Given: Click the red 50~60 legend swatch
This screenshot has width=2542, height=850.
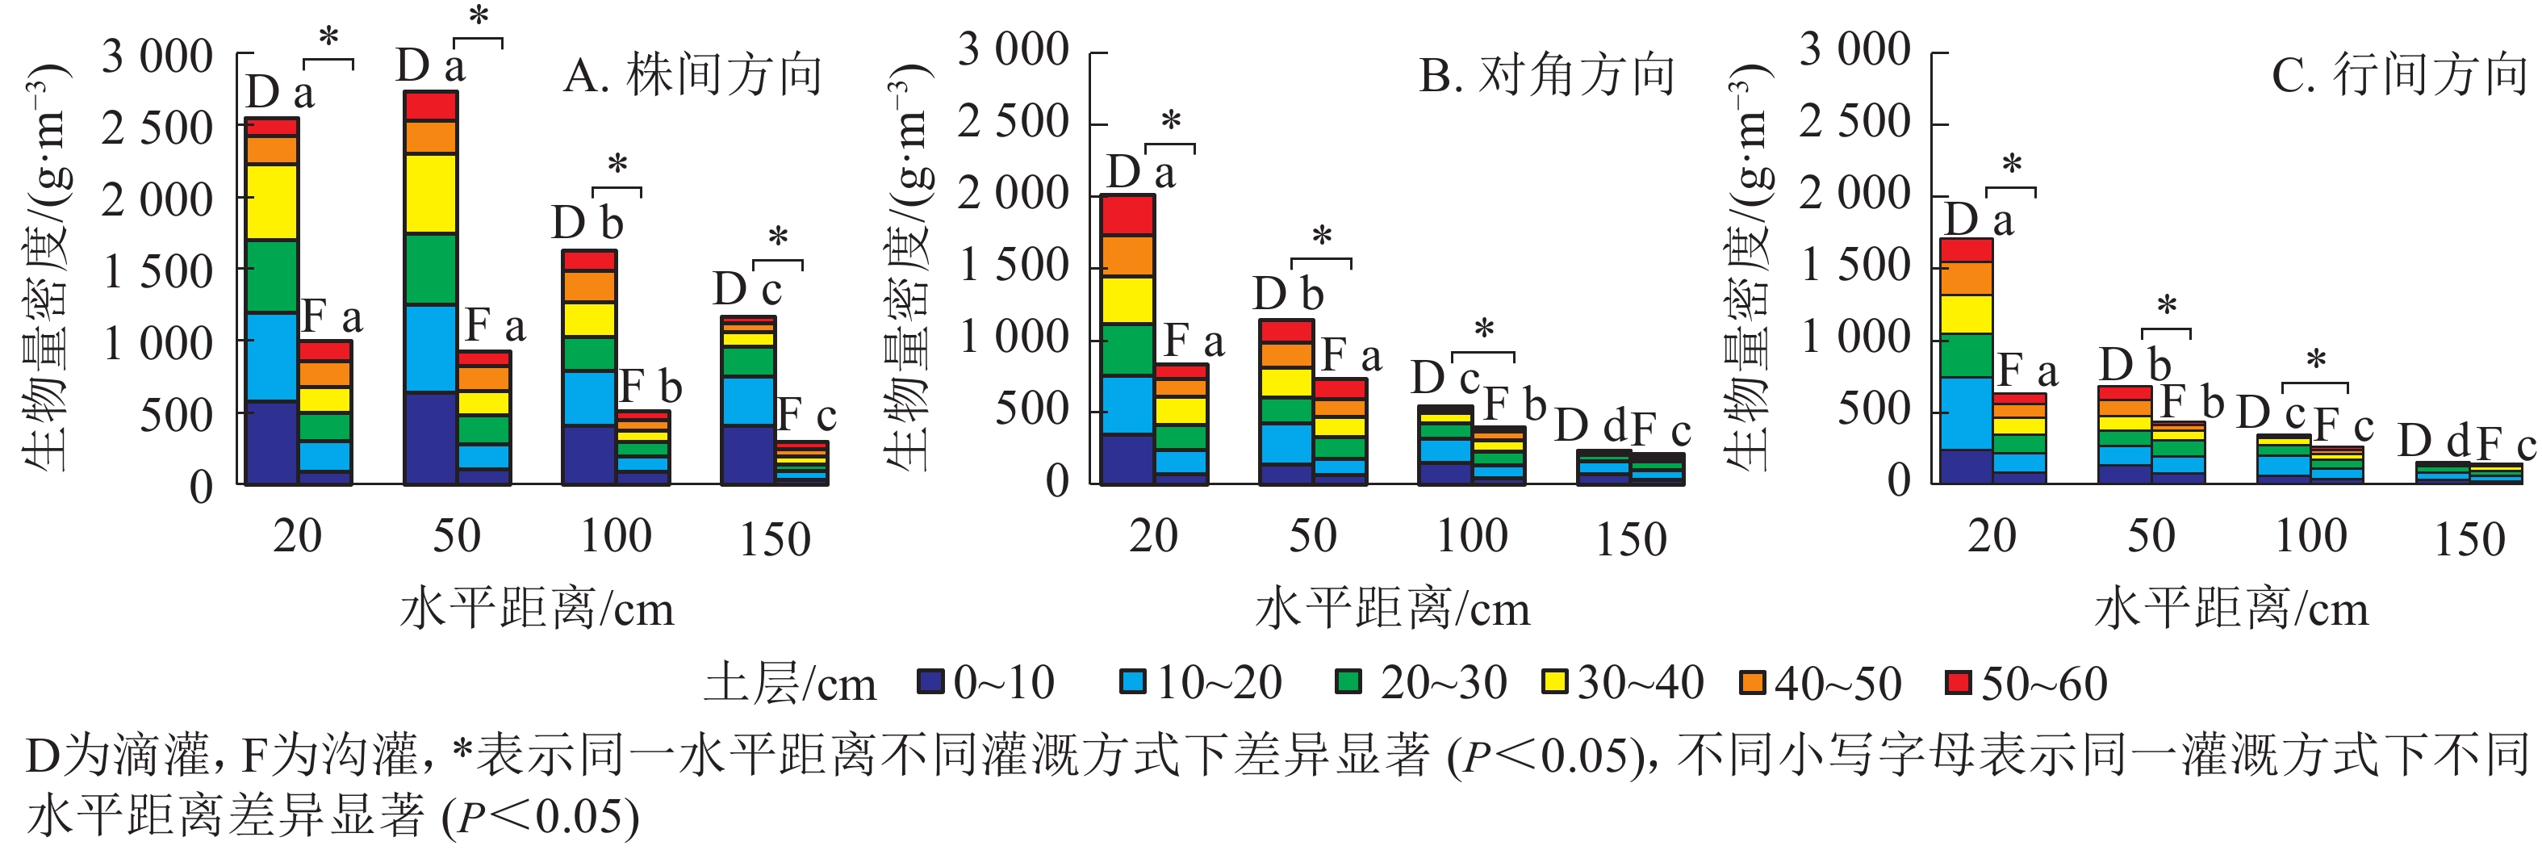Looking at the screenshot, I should pyautogui.click(x=1957, y=682).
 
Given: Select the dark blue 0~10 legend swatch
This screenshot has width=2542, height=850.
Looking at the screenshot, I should pyautogui.click(x=930, y=682).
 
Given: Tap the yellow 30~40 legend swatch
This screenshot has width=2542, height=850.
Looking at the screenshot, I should pyautogui.click(x=1554, y=682).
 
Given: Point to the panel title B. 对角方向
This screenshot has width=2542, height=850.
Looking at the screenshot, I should pyautogui.click(x=1547, y=76).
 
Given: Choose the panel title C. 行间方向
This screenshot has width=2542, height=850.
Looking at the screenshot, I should pyautogui.click(x=2399, y=76).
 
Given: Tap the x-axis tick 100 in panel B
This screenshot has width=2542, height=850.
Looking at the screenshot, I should pyautogui.click(x=1471, y=536).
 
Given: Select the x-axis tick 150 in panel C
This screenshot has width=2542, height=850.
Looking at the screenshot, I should pyautogui.click(x=2469, y=539).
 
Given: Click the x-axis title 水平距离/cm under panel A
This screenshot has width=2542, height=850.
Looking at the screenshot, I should pyautogui.click(x=537, y=609).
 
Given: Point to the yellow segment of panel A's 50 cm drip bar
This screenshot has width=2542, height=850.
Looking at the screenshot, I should pyautogui.click(x=430, y=194).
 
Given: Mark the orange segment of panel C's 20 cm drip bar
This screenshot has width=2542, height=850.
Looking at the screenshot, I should pyautogui.click(x=1966, y=278).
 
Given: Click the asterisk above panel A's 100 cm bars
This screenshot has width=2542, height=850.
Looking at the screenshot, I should pyautogui.click(x=617, y=164).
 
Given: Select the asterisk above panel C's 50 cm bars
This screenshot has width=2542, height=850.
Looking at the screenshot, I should pyautogui.click(x=2166, y=306).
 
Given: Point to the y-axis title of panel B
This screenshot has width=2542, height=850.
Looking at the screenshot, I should pyautogui.click(x=909, y=266).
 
